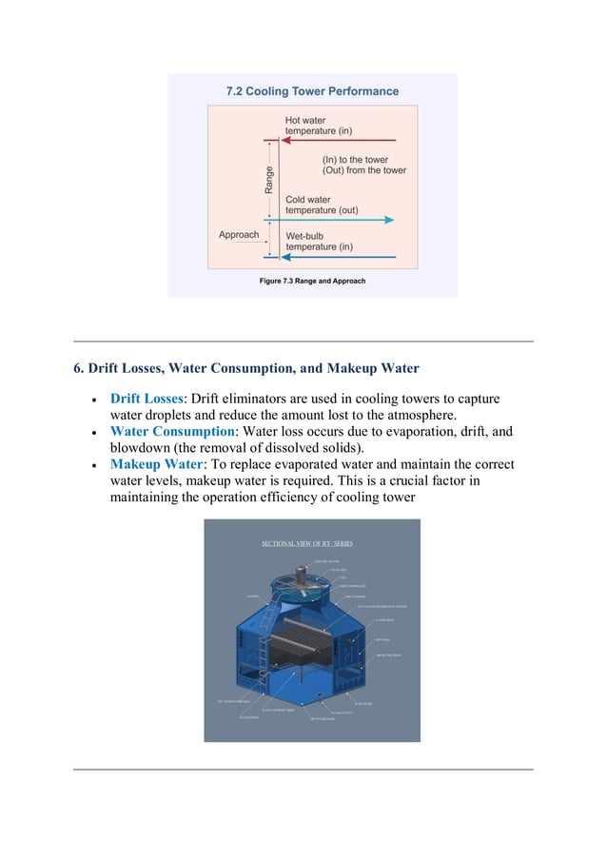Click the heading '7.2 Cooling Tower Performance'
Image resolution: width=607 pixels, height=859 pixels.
pyautogui.click(x=312, y=92)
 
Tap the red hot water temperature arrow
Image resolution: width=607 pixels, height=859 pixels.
pyautogui.click(x=343, y=141)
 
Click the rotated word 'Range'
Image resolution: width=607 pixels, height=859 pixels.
pyautogui.click(x=269, y=180)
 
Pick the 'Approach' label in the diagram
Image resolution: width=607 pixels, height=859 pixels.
pyautogui.click(x=239, y=235)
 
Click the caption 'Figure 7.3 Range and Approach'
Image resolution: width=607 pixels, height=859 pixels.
pyautogui.click(x=312, y=282)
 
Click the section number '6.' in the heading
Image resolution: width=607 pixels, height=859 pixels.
pyautogui.click(x=79, y=368)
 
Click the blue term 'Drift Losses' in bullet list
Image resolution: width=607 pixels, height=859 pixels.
pyautogui.click(x=147, y=398)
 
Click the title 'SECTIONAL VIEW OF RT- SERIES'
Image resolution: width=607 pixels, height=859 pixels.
pyautogui.click(x=306, y=543)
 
